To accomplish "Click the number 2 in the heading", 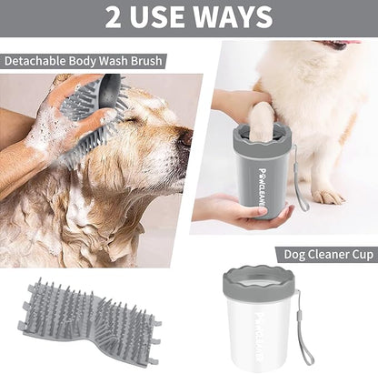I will pos(114,16).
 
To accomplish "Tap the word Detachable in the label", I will pos(34,62).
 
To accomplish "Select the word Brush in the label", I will pos(146,62).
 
